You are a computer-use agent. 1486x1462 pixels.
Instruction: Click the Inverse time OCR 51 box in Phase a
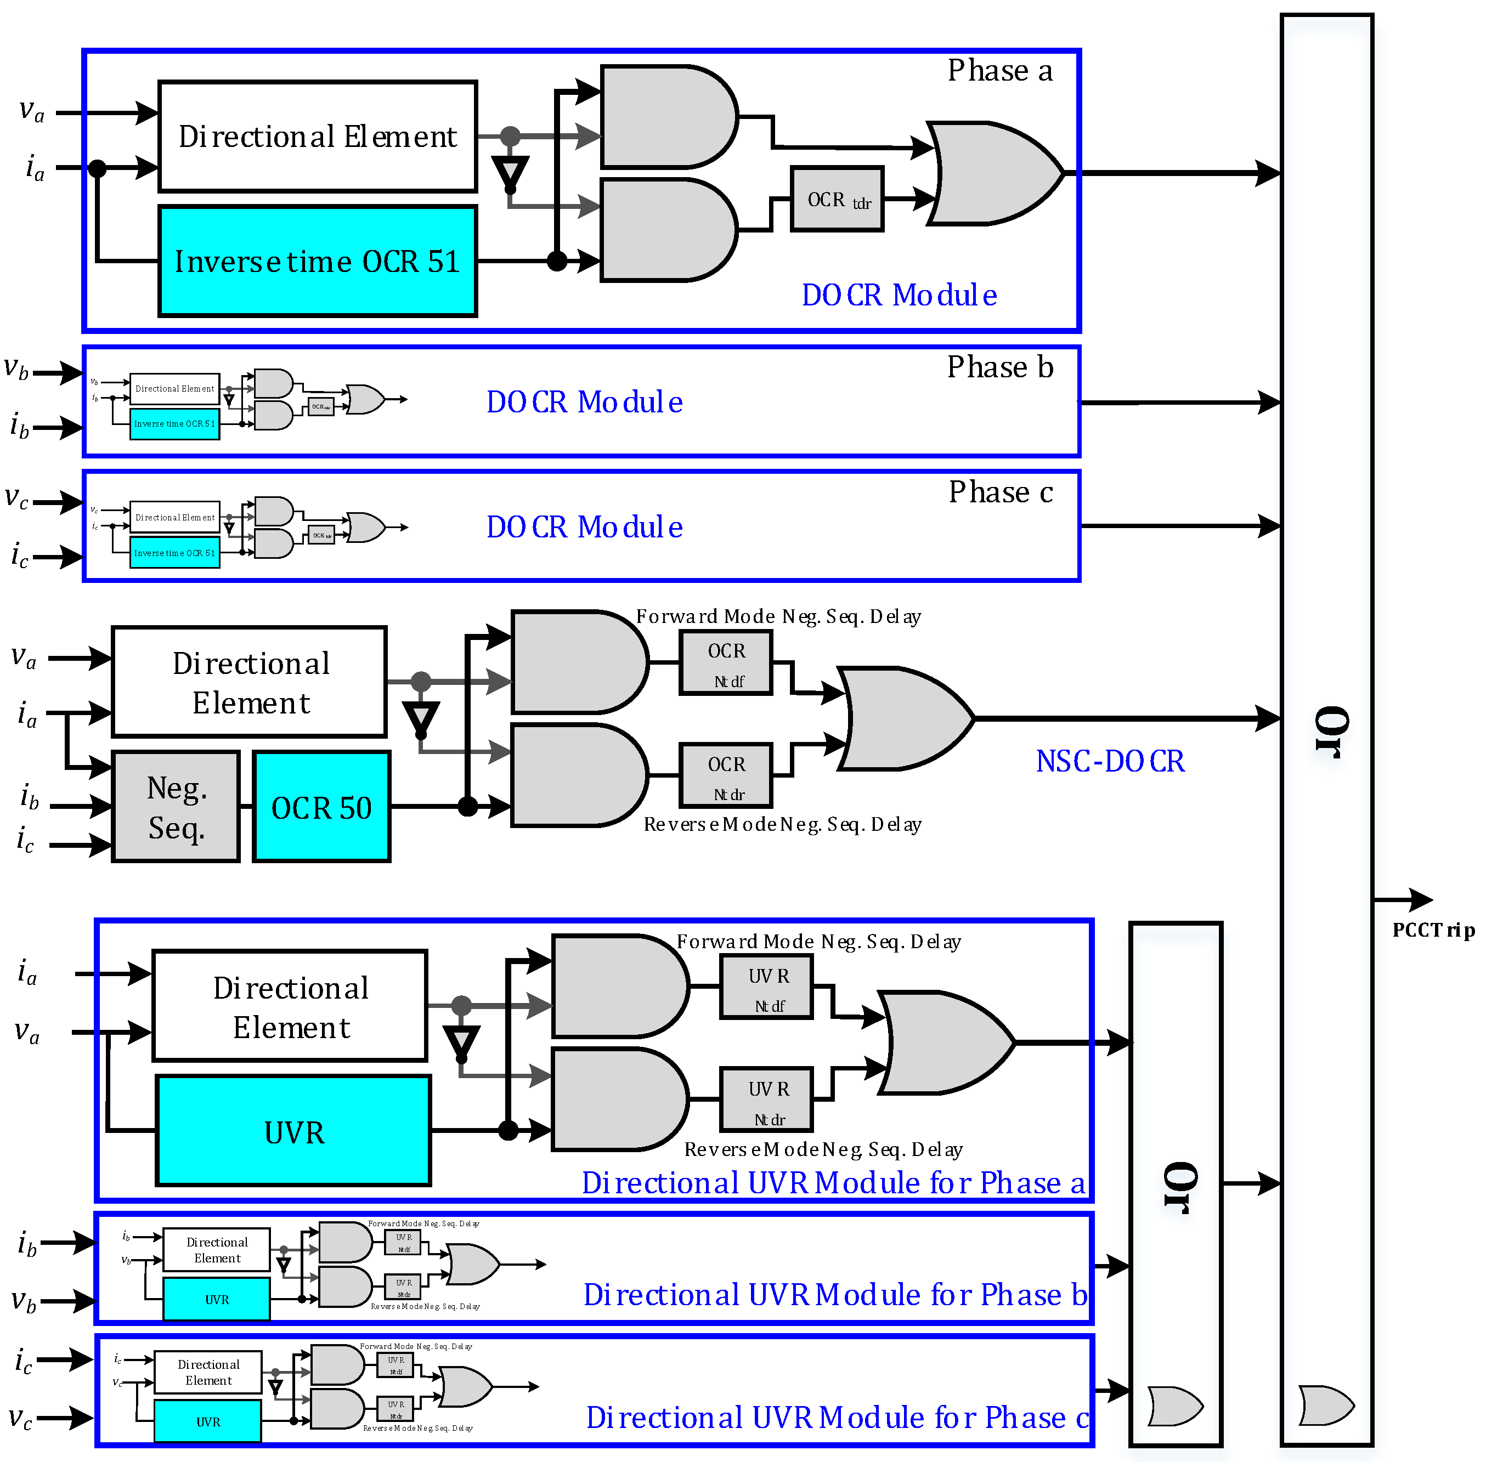click(317, 261)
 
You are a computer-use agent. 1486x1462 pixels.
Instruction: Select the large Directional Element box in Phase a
click(317, 136)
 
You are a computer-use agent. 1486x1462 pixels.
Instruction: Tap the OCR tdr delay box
click(837, 200)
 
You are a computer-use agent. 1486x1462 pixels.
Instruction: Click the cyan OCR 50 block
click(321, 807)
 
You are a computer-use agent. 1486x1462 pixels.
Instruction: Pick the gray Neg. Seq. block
click(176, 807)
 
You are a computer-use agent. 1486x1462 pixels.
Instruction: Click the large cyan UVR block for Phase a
click(293, 1131)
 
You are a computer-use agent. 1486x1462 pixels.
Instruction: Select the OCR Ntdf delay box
click(726, 664)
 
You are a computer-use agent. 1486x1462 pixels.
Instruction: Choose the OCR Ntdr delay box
click(726, 777)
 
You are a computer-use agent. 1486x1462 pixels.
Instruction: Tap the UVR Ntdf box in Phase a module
click(766, 988)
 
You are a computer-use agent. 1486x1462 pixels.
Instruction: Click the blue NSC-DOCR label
click(1110, 761)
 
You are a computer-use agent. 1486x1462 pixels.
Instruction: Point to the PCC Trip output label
click(1433, 931)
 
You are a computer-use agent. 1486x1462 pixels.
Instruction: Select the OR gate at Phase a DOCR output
click(995, 173)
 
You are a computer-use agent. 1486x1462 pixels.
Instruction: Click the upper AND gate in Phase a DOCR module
click(666, 117)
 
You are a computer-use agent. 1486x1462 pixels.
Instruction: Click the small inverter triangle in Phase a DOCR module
click(511, 172)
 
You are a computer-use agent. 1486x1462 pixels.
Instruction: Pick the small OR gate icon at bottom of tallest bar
click(1325, 1405)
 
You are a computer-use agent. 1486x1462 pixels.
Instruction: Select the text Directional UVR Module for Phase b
click(835, 1295)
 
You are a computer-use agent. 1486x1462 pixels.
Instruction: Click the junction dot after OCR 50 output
click(467, 806)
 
